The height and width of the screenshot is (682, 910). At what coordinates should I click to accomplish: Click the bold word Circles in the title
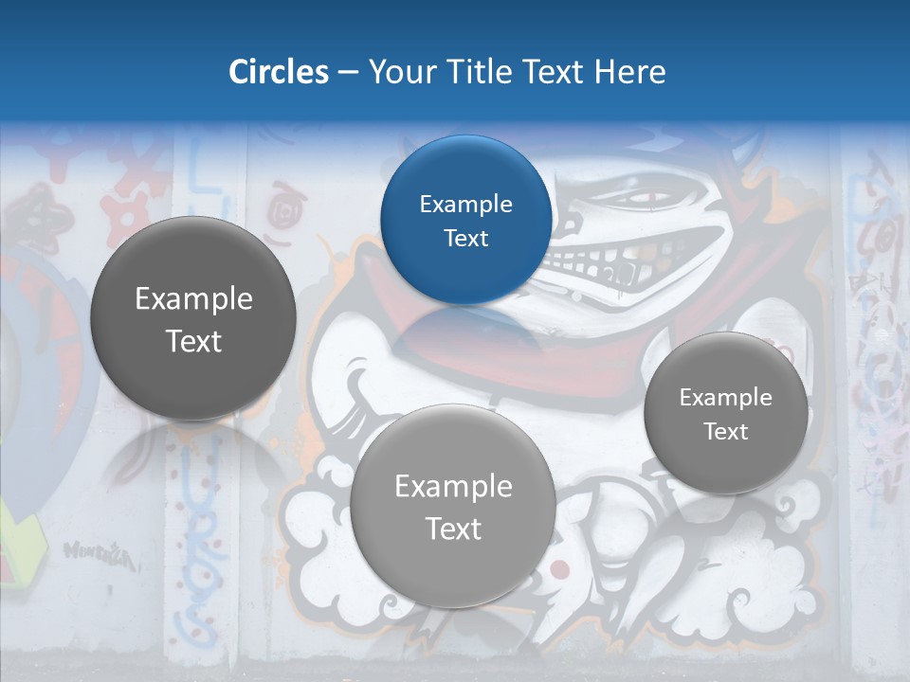279,72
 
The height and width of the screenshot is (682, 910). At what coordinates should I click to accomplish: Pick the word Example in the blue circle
465,205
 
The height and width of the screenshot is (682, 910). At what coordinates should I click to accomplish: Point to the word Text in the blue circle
465,239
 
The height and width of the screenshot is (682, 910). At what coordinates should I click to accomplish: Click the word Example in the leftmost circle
193,299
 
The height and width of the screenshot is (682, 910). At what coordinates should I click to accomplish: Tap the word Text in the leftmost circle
193,341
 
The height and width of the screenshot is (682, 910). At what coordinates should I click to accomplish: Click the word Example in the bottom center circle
453,487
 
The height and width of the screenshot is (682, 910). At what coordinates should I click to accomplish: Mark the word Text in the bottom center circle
453,529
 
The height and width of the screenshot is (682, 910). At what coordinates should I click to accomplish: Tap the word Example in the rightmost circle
726,398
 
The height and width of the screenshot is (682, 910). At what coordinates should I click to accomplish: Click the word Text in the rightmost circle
726,432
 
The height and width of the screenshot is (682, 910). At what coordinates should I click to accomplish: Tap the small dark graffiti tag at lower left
99,554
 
